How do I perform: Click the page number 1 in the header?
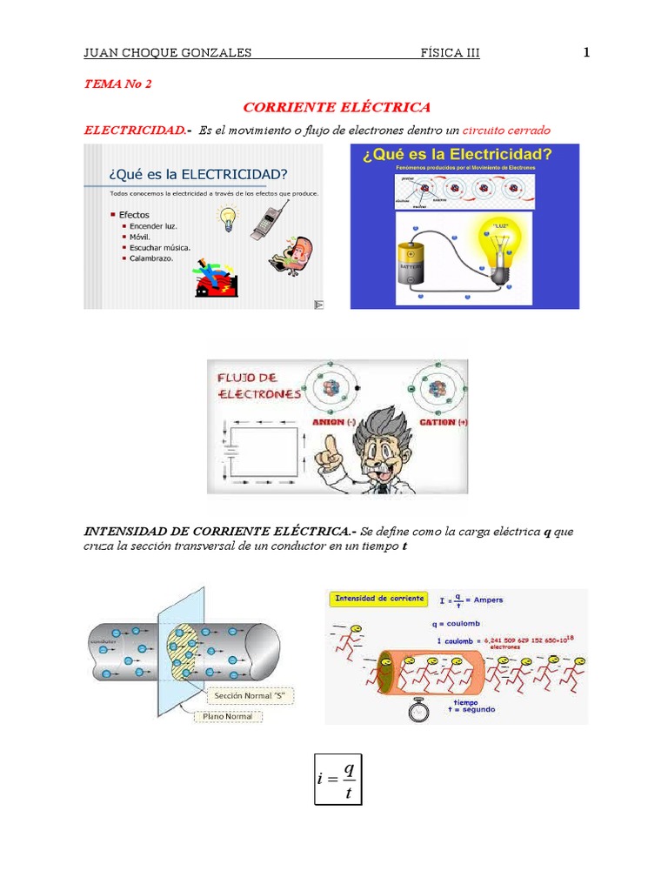(x=586, y=52)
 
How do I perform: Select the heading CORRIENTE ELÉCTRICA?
(x=337, y=107)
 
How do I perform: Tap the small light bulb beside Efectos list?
(x=228, y=218)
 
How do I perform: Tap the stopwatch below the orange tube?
(x=418, y=710)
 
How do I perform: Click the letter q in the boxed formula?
(x=348, y=769)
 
